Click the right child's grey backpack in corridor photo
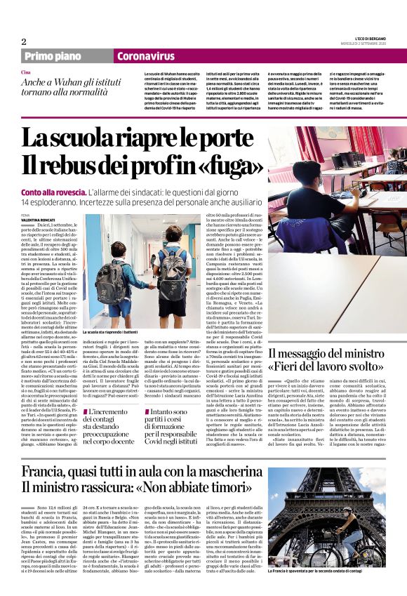click(x=173, y=270)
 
